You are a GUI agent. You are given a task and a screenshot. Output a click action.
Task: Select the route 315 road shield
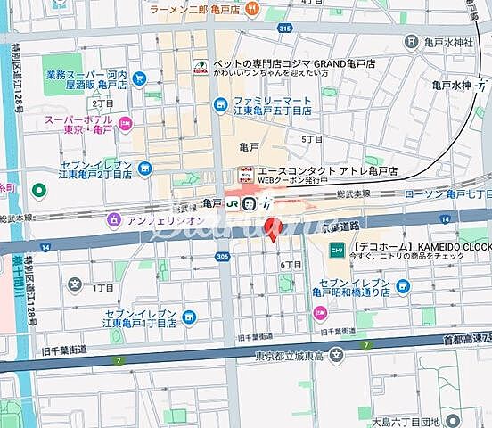284,29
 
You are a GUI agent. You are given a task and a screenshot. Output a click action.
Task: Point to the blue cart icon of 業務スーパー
139,78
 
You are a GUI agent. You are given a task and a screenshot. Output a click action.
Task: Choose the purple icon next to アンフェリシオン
113,219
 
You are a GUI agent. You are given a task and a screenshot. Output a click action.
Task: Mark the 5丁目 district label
312,140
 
